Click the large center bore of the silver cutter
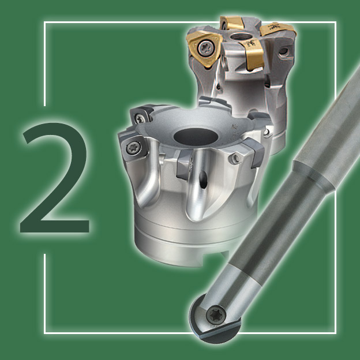[x=196, y=137]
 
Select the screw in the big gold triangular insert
[x=204, y=48]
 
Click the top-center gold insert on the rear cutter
[x=232, y=23]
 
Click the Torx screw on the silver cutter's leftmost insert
[x=133, y=148]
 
